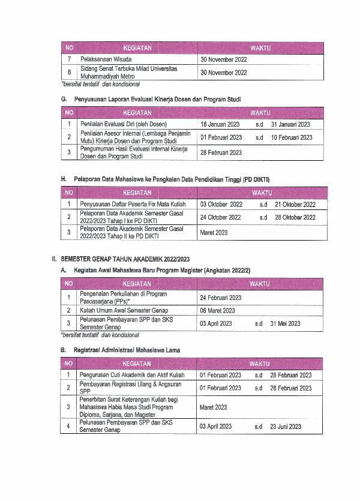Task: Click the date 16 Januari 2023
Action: pyautogui.click(x=220, y=124)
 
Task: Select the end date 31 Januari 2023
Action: pyautogui.click(x=290, y=124)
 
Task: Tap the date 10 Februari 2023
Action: pyautogui.click(x=292, y=137)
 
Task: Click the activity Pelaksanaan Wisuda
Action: pyautogui.click(x=106, y=59)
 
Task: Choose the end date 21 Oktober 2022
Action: pyautogui.click(x=295, y=205)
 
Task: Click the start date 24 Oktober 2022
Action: pyautogui.click(x=221, y=217)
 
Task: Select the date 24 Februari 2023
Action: pyautogui.click(x=221, y=298)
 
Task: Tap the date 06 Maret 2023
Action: pyautogui.click(x=217, y=311)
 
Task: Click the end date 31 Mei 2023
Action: pyautogui.click(x=286, y=323)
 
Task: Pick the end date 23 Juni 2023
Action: pyautogui.click(x=286, y=427)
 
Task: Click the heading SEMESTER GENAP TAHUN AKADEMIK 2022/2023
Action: pyautogui.click(x=125, y=259)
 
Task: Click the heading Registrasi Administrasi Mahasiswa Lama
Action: pyautogui.click(x=127, y=349)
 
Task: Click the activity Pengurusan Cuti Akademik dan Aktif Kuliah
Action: pyautogui.click(x=132, y=375)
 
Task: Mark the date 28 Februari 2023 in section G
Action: pyautogui.click(x=221, y=152)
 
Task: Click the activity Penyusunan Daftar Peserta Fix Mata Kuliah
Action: pyautogui.click(x=133, y=205)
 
